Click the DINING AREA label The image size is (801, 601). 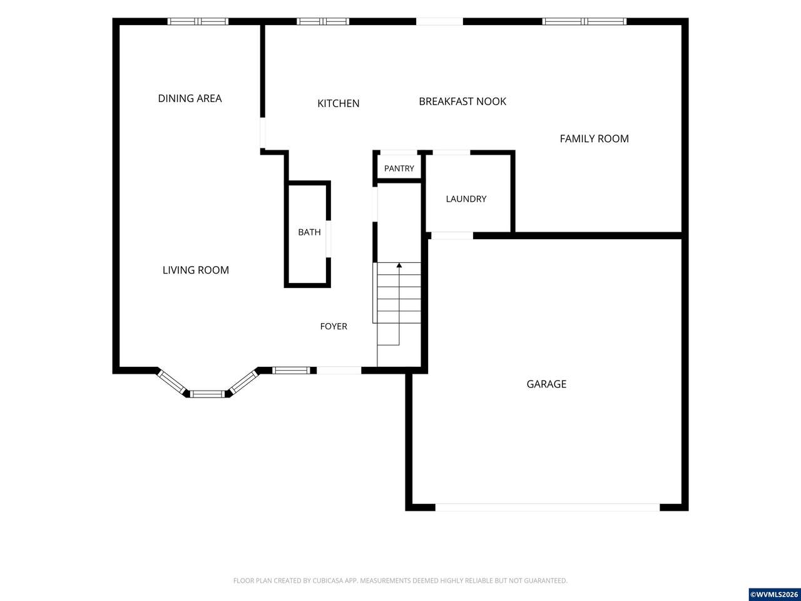click(190, 98)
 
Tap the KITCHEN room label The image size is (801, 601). click(339, 104)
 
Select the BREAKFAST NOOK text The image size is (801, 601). click(462, 101)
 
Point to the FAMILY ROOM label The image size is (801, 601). click(594, 138)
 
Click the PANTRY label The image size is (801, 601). click(399, 168)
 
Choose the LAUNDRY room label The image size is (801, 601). click(466, 199)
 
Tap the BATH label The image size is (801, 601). click(309, 232)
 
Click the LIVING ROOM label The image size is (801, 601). click(196, 270)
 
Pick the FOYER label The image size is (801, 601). click(334, 326)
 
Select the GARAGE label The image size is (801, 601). click(546, 384)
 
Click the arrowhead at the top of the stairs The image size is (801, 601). click(399, 265)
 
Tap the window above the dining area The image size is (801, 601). click(198, 21)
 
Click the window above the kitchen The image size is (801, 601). click(322, 21)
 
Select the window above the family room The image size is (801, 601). click(584, 21)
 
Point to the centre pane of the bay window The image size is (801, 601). click(207, 394)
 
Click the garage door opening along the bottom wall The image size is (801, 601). click(548, 507)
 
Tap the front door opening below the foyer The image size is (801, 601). click(339, 371)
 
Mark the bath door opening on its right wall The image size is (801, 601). click(329, 239)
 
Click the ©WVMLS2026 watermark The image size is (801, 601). click(774, 595)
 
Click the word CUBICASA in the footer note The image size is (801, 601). click(328, 580)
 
